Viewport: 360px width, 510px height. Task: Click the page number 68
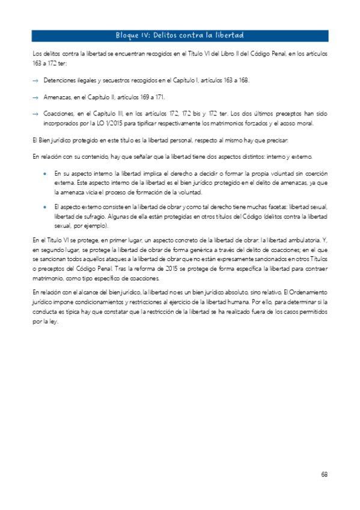tap(324, 474)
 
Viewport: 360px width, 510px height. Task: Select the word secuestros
tap(121, 80)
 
